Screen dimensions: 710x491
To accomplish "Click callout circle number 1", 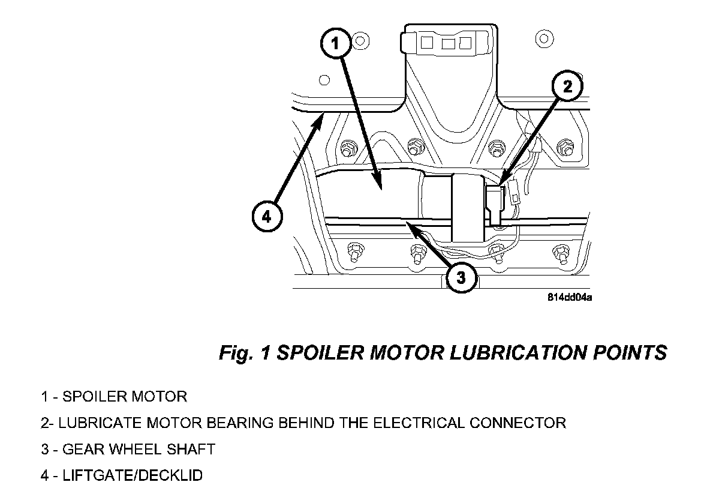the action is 335,44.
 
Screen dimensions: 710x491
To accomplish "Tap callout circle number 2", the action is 567,86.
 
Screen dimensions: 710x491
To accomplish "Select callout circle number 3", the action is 461,277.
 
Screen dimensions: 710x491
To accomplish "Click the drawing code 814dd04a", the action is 570,297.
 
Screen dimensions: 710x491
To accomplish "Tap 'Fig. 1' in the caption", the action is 245,353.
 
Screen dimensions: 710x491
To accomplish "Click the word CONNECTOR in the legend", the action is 518,423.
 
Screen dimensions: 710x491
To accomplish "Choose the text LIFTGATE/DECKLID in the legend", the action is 133,475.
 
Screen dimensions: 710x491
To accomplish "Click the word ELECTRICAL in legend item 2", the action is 419,423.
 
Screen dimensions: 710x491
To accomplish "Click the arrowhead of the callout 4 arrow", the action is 323,115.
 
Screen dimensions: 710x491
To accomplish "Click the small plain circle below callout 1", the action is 324,80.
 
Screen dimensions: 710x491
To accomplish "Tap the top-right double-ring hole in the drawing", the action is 544,38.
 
